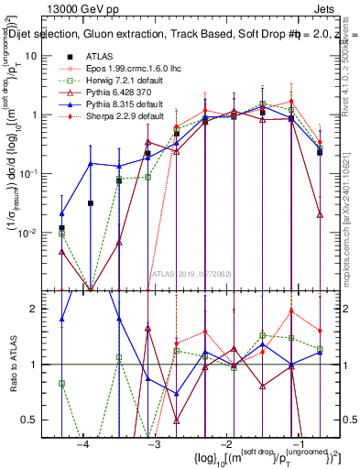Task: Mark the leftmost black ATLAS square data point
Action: [x=61, y=227]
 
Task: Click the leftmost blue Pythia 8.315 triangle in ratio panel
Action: [x=61, y=320]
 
